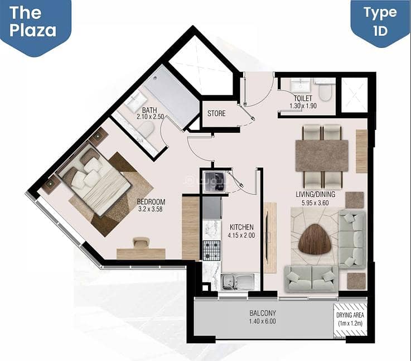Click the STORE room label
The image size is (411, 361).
(x=216, y=113)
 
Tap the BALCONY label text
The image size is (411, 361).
(x=263, y=313)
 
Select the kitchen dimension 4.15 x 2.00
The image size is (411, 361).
(x=241, y=235)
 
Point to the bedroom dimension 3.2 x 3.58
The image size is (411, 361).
(x=151, y=209)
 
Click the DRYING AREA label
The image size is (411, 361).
(x=350, y=315)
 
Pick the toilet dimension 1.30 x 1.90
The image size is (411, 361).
(x=303, y=106)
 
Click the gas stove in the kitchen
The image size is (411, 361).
(x=211, y=250)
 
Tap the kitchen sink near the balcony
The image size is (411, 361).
(x=238, y=282)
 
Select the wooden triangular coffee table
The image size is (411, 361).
(x=315, y=239)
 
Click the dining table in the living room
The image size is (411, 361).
(x=322, y=156)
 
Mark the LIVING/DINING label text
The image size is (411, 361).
(x=315, y=194)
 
